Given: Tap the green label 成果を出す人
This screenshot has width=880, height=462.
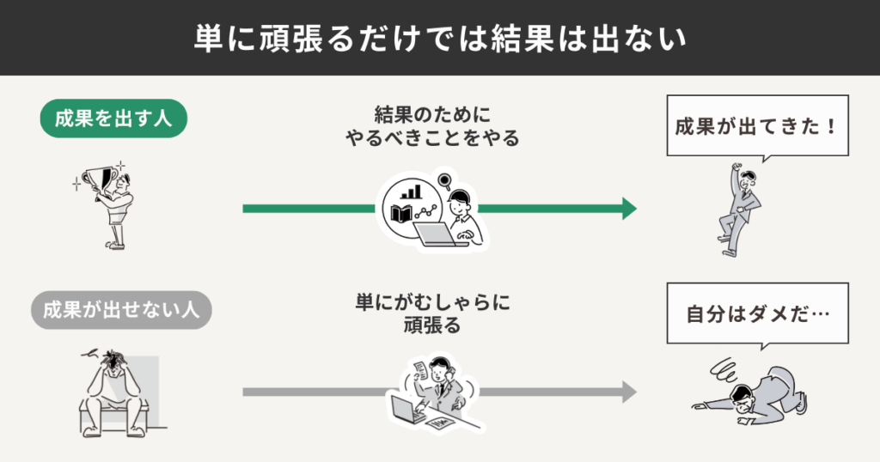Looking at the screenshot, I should tap(113, 119).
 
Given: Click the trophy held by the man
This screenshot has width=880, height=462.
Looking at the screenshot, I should tap(104, 178).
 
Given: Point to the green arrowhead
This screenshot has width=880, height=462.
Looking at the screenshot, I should tap(629, 209).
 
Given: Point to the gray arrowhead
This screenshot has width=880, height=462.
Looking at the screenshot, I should tap(629, 392).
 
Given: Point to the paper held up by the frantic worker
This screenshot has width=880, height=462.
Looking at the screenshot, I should tap(419, 369).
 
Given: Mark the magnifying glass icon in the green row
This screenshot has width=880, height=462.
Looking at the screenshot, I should tap(444, 180).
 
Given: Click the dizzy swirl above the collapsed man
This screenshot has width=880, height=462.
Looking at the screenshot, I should tap(720, 370).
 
